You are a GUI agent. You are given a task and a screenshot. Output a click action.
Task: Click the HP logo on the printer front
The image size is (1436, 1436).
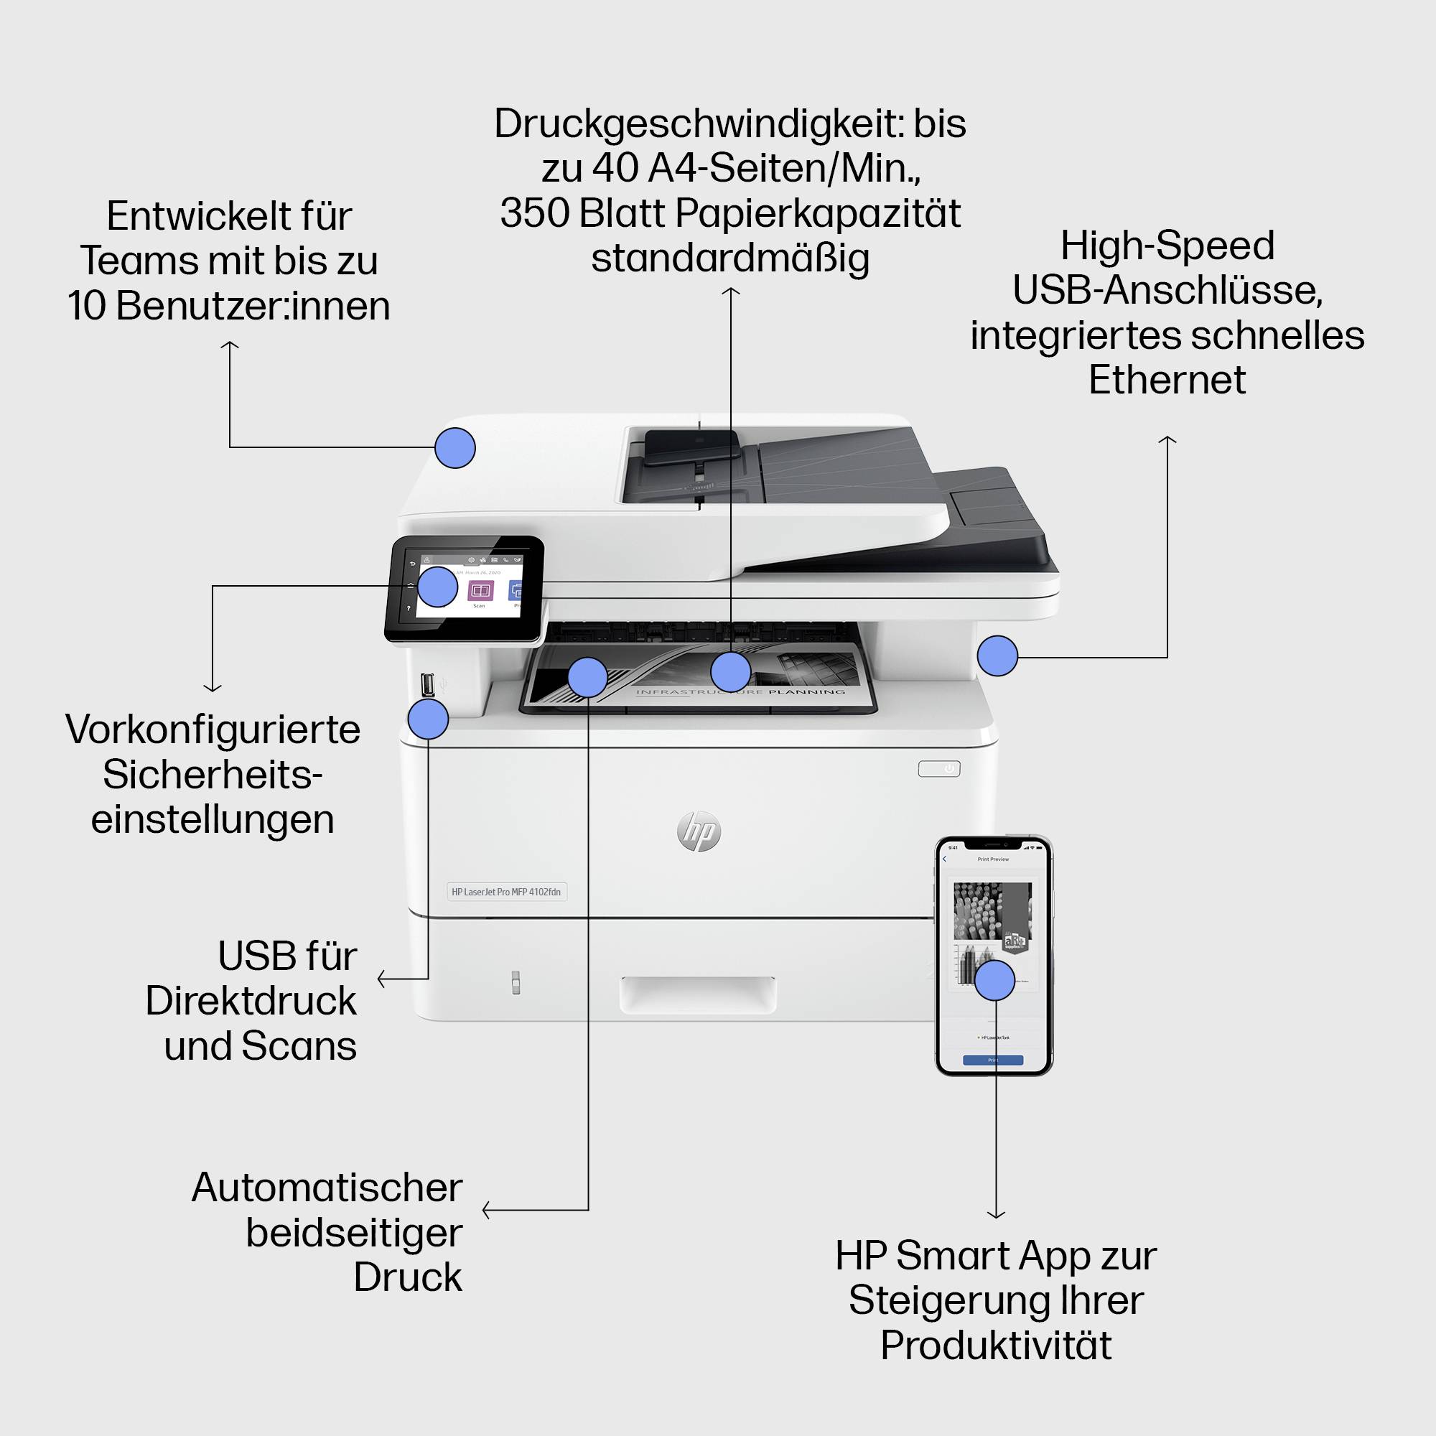tap(699, 831)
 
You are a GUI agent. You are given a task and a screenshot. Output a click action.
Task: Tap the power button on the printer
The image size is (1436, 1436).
tap(938, 768)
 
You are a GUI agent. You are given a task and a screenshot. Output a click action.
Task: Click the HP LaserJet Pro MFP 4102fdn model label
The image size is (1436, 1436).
tap(506, 891)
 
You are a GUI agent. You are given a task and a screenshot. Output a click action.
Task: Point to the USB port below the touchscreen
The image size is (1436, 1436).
tap(427, 684)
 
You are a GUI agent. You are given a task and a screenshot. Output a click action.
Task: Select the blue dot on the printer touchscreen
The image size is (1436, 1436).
tap(437, 587)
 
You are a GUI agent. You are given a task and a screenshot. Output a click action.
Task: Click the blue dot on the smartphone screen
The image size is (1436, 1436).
tap(994, 980)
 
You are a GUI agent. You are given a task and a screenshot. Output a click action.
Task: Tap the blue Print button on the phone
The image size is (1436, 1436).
tap(993, 1060)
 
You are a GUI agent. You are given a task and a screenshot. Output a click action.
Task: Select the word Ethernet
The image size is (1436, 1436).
tap(1167, 380)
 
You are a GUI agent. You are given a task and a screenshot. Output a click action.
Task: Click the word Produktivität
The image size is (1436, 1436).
tap(996, 1345)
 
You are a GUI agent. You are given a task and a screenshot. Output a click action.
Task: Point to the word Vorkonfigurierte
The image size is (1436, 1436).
tap(213, 729)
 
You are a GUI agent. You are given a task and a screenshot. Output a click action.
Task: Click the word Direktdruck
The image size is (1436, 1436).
tap(251, 1000)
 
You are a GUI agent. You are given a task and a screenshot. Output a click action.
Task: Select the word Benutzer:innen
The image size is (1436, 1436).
tap(253, 305)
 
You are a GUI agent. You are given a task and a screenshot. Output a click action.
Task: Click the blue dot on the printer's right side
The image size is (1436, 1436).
tap(997, 656)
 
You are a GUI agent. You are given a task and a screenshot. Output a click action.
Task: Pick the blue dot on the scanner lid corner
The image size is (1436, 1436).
tap(455, 447)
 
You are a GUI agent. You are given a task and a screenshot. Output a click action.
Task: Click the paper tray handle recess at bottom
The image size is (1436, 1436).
tap(698, 994)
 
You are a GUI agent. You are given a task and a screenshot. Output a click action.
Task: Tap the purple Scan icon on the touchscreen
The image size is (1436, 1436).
tap(480, 592)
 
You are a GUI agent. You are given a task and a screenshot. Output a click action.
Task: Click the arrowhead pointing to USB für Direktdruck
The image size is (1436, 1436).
tap(381, 978)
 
